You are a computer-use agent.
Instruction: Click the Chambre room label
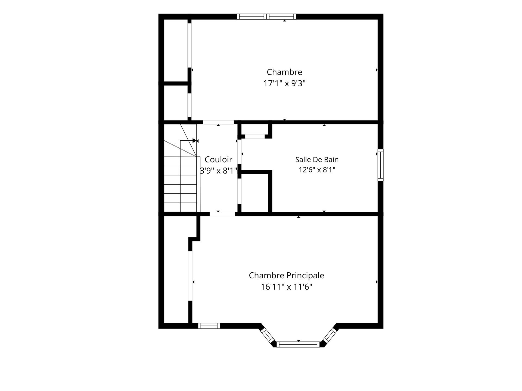point(284,72)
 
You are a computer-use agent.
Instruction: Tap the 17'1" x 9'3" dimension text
point(284,83)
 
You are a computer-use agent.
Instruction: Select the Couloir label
point(218,159)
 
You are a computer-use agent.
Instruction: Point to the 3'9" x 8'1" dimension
point(219,171)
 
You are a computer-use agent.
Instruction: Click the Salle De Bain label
point(317,160)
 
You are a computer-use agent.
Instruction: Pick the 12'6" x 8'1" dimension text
point(317,170)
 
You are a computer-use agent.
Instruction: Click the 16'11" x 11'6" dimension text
point(287,287)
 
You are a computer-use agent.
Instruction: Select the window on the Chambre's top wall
point(266,17)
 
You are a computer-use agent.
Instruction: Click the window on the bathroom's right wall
point(381,165)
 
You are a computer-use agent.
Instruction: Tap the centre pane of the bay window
point(299,345)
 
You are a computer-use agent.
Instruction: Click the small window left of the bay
point(209,326)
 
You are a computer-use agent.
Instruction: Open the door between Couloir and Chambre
point(219,122)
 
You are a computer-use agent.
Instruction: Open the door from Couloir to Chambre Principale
point(222,214)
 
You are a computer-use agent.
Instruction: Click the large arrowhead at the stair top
point(194,141)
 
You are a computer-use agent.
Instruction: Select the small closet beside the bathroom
point(255,193)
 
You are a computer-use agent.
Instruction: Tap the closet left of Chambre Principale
point(176,269)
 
